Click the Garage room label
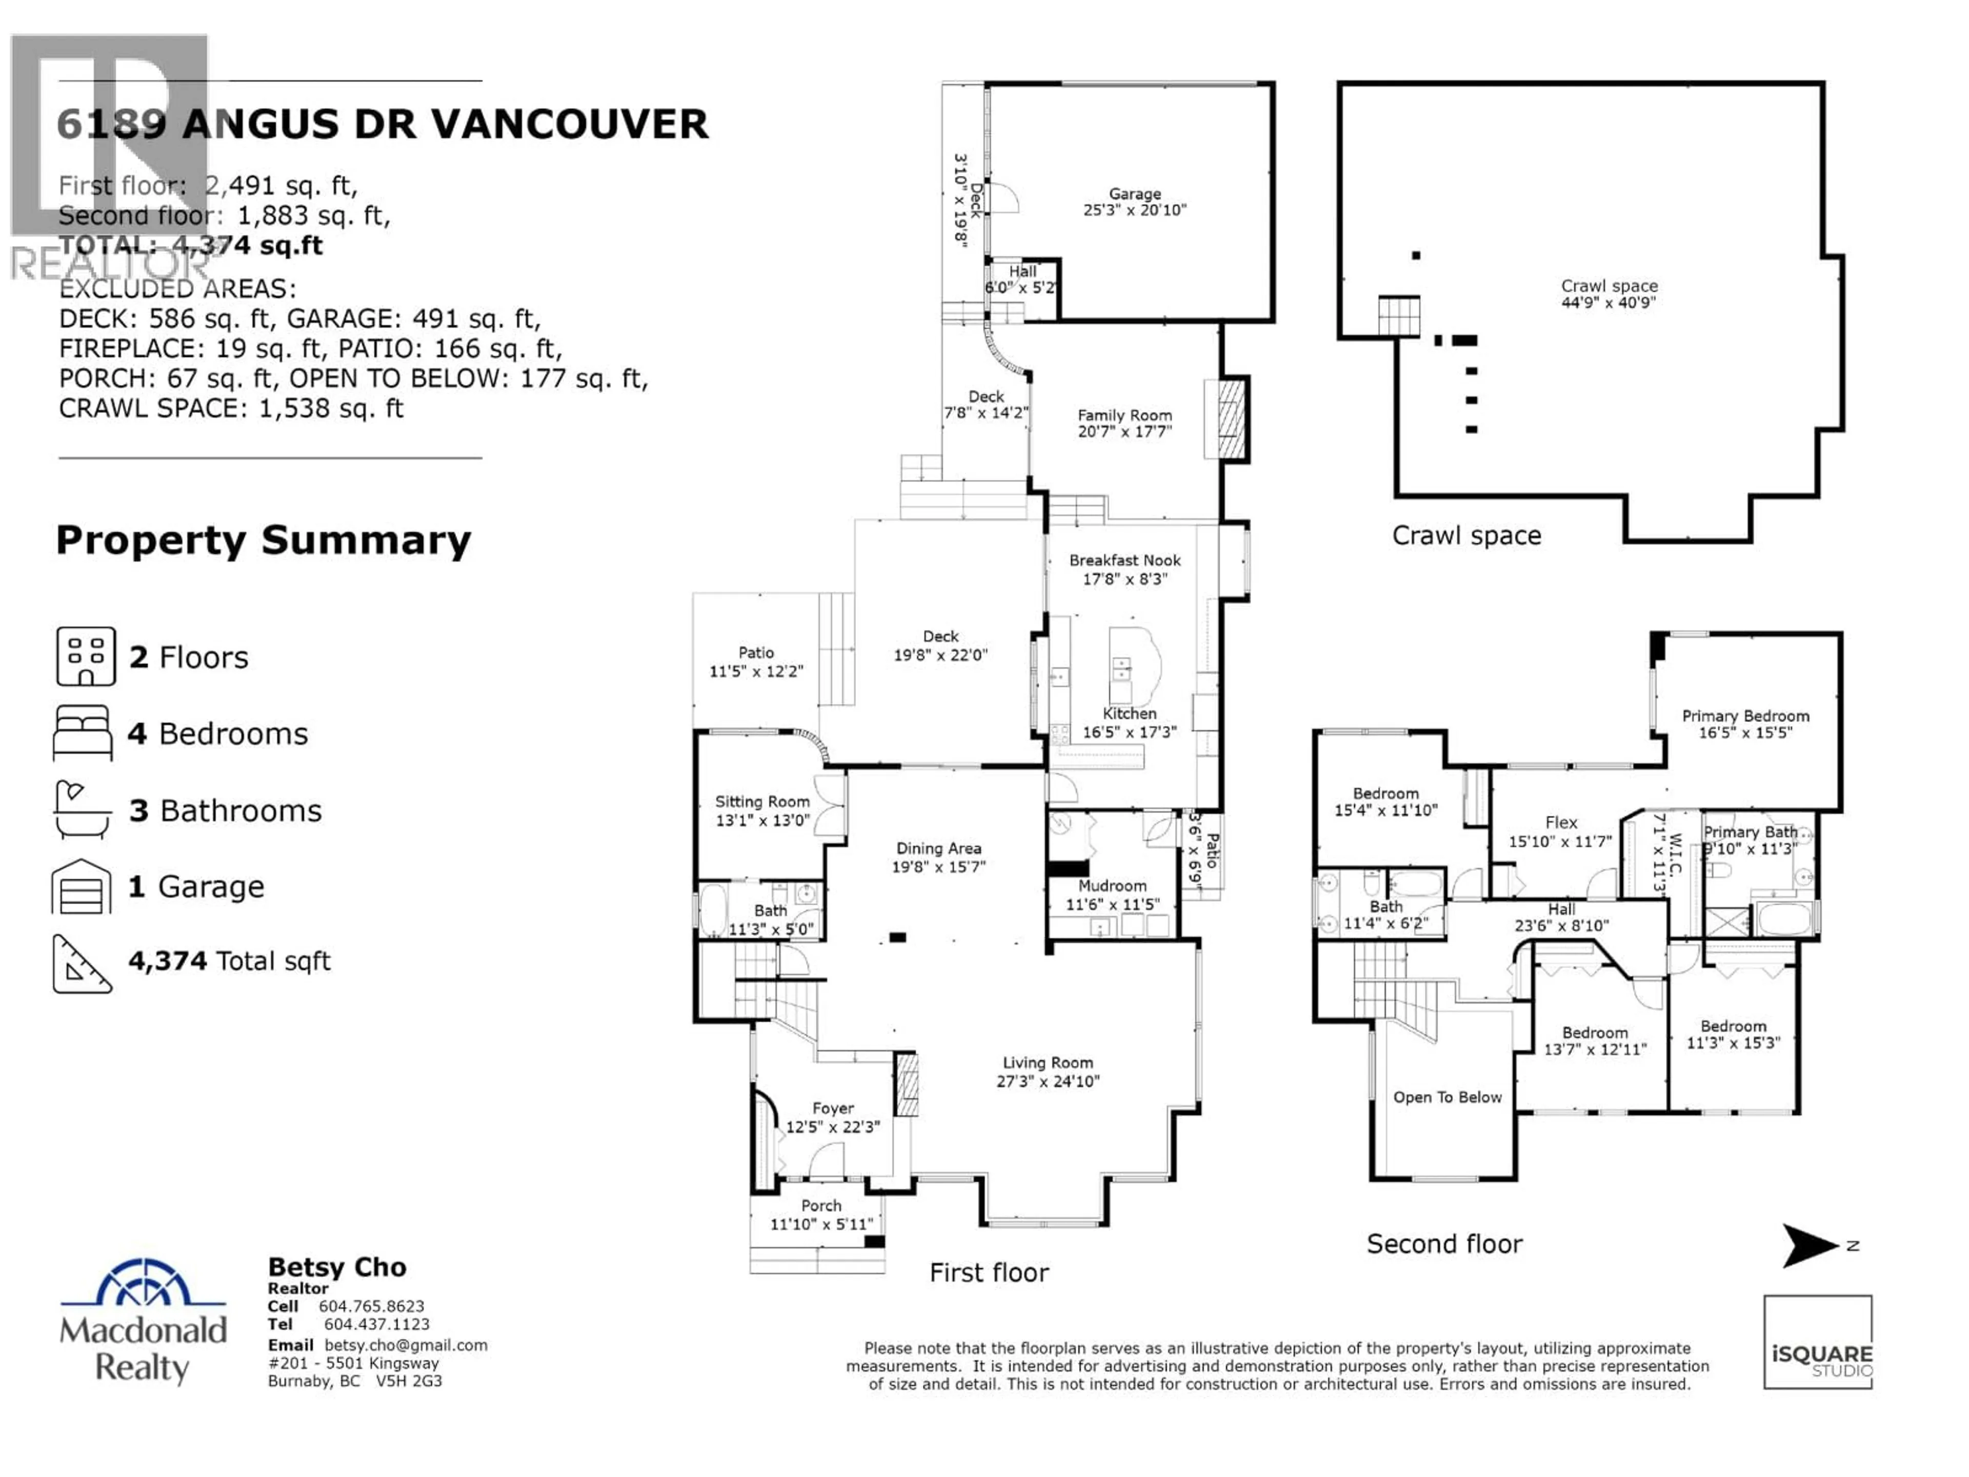click(1134, 193)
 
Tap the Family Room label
click(1124, 415)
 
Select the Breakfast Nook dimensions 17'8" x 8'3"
click(1124, 578)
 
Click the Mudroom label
click(1112, 886)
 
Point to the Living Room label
click(1048, 1062)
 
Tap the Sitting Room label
click(762, 801)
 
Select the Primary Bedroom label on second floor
click(1745, 716)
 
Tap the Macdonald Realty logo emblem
click(143, 1282)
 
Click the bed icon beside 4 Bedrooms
click(83, 733)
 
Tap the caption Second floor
click(1444, 1244)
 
